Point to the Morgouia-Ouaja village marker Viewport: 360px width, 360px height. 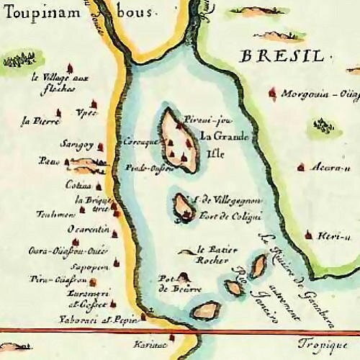[272, 93]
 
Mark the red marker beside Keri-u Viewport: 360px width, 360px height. [309, 234]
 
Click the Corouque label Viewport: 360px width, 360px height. [141, 142]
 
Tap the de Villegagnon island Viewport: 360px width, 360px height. [184, 207]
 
